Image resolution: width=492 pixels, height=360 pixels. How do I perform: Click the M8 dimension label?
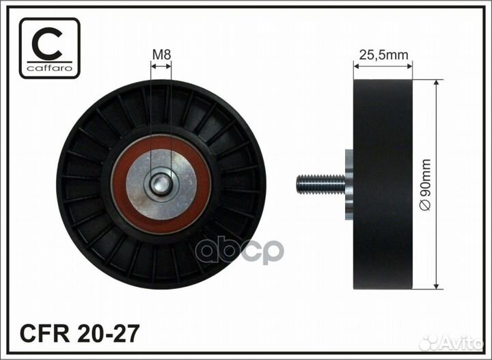coord(161,55)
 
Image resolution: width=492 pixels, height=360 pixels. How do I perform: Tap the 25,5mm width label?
coord(383,55)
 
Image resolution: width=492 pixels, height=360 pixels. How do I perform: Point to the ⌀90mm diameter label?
coord(426,184)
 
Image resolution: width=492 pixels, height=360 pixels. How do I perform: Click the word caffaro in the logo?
coord(50,68)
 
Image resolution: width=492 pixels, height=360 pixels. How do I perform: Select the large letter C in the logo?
coord(47,44)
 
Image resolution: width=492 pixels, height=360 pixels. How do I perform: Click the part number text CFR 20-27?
coord(79,333)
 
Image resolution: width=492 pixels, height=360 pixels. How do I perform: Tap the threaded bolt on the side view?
coord(320,184)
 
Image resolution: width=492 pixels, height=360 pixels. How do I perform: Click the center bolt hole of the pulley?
coord(161,184)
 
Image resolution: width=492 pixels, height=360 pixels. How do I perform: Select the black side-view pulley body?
coord(383,184)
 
